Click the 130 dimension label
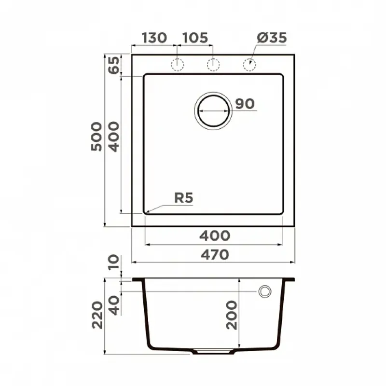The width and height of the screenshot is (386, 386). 154,38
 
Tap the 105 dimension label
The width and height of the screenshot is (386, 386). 195,38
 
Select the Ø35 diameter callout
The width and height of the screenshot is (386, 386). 272,38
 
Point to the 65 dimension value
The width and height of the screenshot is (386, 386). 114,65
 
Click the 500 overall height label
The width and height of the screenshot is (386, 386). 96,137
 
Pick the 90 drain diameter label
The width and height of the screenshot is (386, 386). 245,104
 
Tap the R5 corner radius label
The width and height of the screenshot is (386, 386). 184,198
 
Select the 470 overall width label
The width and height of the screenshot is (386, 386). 215,255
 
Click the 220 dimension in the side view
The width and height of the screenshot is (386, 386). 97,315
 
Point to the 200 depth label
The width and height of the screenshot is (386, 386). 232,316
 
